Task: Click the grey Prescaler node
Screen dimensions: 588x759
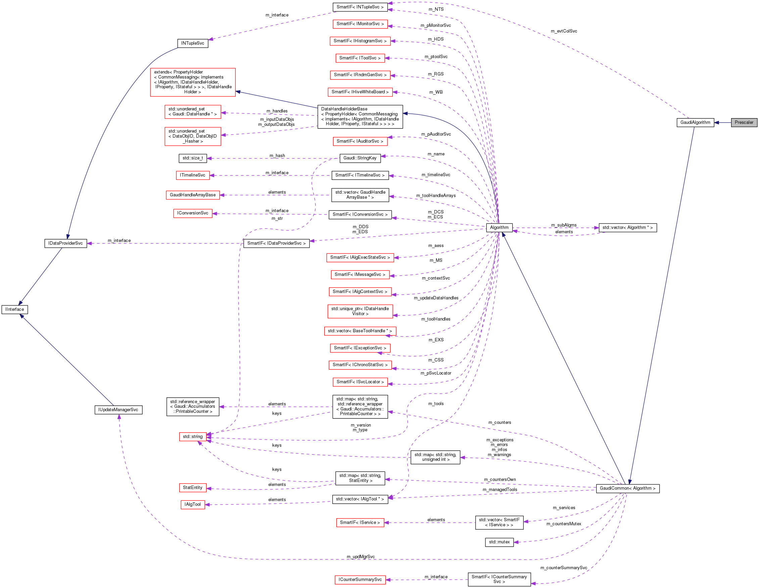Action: pos(744,122)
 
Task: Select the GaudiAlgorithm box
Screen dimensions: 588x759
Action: pos(695,122)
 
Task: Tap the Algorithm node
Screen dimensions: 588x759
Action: pos(499,228)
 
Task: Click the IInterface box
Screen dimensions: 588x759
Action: pos(14,309)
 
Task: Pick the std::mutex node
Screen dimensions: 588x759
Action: pos(499,542)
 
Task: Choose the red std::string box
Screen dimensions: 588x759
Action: pos(193,437)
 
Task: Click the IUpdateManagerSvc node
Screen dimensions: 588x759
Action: pos(118,410)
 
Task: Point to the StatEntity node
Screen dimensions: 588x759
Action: pos(193,488)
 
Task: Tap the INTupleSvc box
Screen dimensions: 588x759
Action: pos(193,43)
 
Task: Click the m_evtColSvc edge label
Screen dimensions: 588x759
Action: pos(564,31)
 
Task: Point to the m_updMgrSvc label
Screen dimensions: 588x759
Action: pos(361,557)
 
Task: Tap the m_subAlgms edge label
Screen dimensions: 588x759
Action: pos(564,225)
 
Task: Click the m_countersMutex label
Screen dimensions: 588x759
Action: pos(564,524)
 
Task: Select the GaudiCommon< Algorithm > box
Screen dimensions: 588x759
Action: pos(627,488)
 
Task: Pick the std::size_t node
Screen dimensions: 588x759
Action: pos(193,158)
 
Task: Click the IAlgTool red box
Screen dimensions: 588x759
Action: pos(193,504)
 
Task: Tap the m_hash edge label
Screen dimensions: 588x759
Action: pos(277,156)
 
